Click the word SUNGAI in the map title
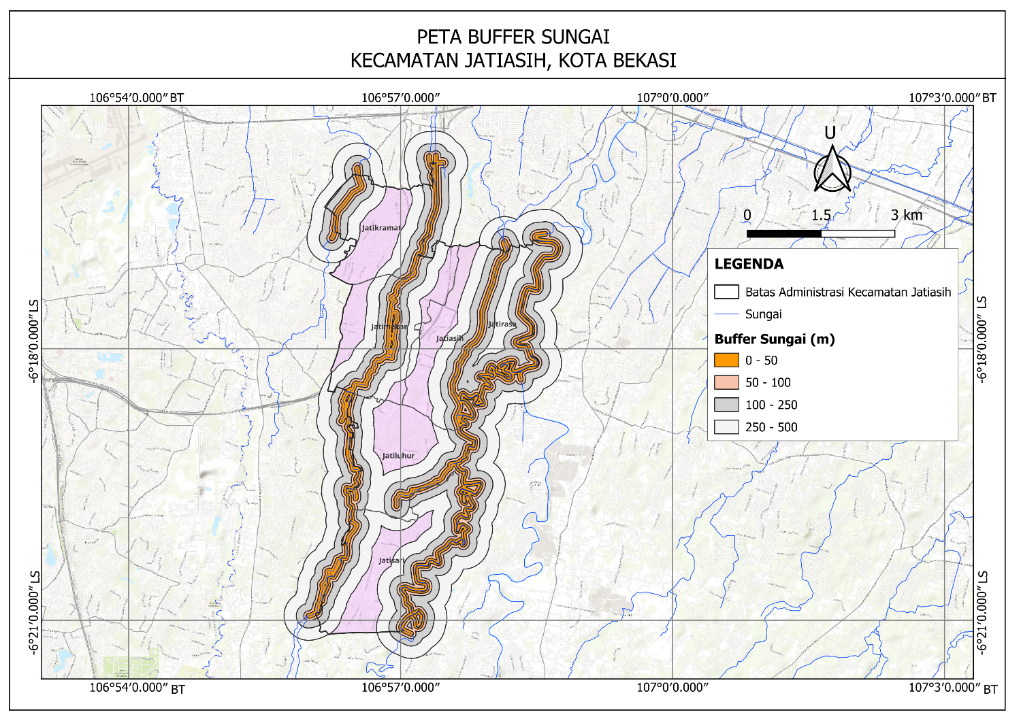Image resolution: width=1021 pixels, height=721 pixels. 566,36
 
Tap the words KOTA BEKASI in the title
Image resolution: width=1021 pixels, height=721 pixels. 617,61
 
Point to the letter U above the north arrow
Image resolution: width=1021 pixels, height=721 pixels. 830,133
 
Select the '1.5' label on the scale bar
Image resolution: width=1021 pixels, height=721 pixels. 821,215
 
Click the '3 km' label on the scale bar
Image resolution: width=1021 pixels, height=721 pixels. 907,215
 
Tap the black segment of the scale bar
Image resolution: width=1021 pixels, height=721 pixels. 783,233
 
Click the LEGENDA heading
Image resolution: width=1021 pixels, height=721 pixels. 749,264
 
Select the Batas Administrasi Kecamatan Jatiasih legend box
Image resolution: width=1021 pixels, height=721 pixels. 726,292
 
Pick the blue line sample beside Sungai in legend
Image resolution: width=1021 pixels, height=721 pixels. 726,314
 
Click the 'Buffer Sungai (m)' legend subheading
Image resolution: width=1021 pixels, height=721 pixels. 774,339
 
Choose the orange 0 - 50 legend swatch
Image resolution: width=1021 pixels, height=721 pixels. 726,360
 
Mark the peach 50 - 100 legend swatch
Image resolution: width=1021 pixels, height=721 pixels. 726,382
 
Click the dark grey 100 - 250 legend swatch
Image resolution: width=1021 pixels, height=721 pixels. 726,405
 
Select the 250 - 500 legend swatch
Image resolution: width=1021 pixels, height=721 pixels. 726,427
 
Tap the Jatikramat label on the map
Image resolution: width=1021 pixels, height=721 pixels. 381,228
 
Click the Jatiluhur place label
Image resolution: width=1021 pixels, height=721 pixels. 398,456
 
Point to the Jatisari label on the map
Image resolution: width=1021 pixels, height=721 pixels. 391,560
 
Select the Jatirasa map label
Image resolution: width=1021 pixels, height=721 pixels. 502,324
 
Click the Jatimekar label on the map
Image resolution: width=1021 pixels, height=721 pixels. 389,326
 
